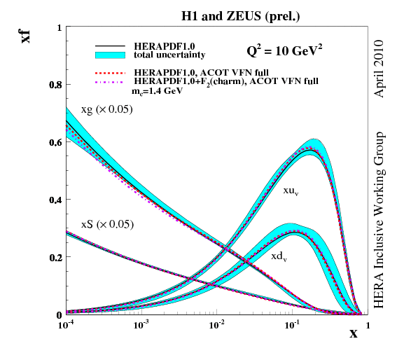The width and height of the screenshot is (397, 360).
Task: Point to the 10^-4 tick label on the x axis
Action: coord(67,326)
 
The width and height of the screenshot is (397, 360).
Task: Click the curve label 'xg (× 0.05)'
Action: coord(107,110)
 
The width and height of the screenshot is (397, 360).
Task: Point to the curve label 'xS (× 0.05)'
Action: coord(107,224)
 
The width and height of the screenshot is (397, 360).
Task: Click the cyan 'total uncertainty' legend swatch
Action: coord(110,54)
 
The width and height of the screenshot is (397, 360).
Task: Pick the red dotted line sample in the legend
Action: coord(110,72)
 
